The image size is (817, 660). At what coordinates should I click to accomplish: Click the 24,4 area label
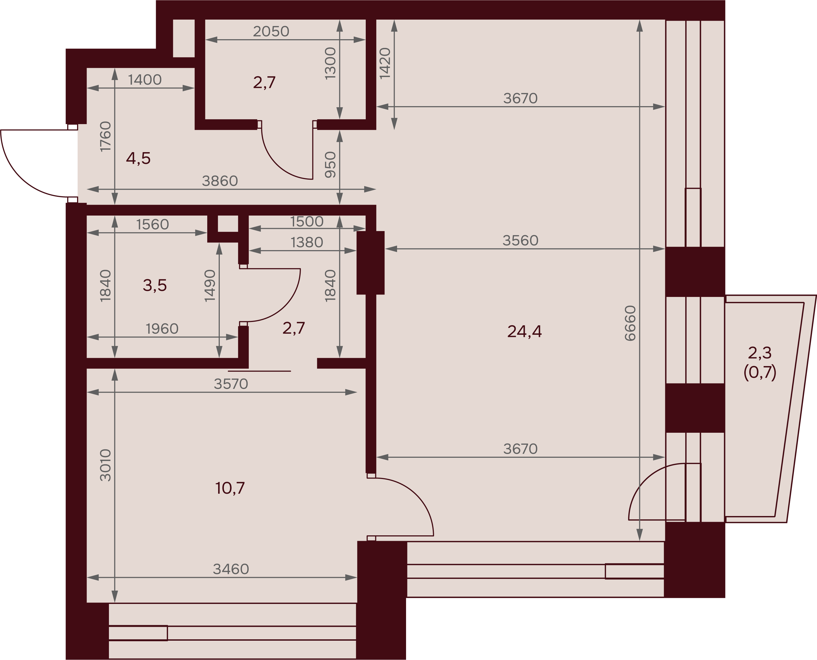coord(524,331)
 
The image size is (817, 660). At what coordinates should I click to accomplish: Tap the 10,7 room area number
coord(230,488)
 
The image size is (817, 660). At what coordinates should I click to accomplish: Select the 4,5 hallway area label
coord(138,158)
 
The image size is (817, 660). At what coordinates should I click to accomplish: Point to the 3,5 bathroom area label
coord(154,285)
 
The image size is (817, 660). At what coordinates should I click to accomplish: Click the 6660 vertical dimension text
coord(630,323)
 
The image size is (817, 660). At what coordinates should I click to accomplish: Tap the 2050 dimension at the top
coord(271,32)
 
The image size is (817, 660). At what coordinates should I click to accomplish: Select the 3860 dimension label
coord(220,181)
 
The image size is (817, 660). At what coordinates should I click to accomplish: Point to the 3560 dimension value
coord(520,241)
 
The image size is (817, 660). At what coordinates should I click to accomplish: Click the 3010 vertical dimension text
coord(105,465)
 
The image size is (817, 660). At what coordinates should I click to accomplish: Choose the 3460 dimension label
coord(231,569)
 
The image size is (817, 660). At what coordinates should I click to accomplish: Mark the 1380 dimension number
coord(307,242)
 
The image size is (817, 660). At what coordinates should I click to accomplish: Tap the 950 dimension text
coord(330,165)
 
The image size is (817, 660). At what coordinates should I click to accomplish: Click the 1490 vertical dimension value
coord(210,286)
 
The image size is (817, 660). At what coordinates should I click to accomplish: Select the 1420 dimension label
coord(385,63)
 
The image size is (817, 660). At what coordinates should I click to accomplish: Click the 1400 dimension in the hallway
coord(145,80)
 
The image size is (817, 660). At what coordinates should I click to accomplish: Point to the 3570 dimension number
coord(231,384)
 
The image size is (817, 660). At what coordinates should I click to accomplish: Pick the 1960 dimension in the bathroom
coord(162,329)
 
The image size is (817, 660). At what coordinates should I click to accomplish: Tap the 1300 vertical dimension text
coord(330,63)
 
